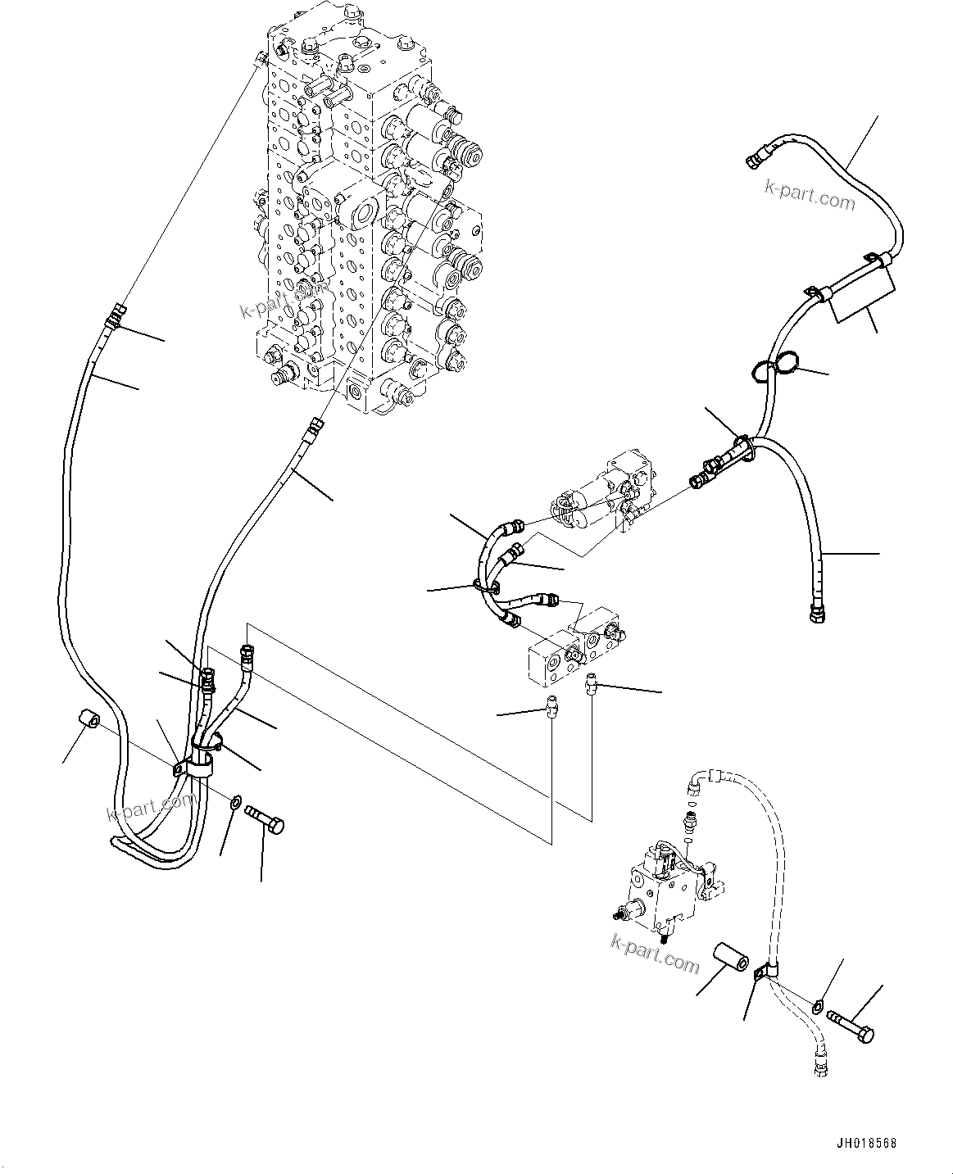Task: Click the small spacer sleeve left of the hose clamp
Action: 90,721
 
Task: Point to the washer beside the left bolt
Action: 235,800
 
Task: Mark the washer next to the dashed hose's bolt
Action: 819,1004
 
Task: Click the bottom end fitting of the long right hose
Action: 816,612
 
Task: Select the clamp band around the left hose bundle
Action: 199,758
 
